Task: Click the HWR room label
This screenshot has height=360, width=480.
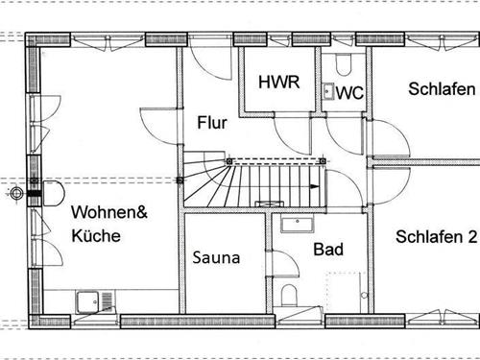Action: tap(279, 82)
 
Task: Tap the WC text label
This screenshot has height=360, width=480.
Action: tap(350, 93)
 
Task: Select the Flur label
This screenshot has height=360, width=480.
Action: tap(212, 123)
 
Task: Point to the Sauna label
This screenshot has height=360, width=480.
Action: tap(215, 257)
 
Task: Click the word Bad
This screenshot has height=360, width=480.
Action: tap(328, 250)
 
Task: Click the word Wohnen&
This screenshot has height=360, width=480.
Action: tap(108, 213)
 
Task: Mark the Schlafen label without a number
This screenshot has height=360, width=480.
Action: tap(442, 89)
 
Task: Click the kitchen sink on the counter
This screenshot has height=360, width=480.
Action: tap(94, 300)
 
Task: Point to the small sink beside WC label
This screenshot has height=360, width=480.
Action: tap(328, 92)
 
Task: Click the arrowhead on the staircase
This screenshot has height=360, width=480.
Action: tap(315, 187)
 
